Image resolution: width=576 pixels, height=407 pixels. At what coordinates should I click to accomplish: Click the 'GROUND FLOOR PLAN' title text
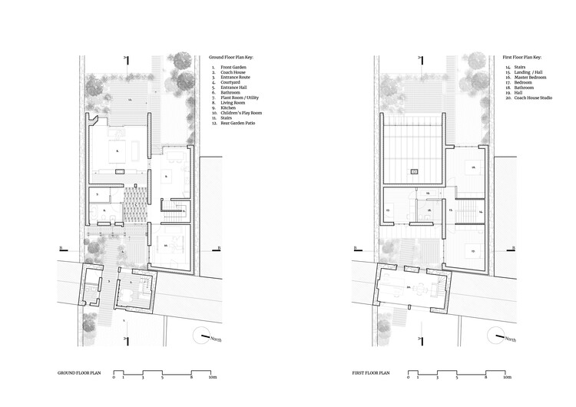point(79,372)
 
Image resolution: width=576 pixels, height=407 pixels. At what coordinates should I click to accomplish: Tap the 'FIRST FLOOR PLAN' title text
point(371,372)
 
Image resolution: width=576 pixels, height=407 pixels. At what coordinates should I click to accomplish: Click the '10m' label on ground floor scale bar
point(213,378)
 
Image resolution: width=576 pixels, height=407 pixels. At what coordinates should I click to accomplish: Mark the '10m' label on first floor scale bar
point(508,378)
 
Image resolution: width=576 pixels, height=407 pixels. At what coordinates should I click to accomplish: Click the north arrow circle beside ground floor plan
point(202,335)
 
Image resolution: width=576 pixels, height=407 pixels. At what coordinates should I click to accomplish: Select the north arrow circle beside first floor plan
point(497,335)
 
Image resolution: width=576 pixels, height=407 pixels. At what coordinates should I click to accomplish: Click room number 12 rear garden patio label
point(131,100)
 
